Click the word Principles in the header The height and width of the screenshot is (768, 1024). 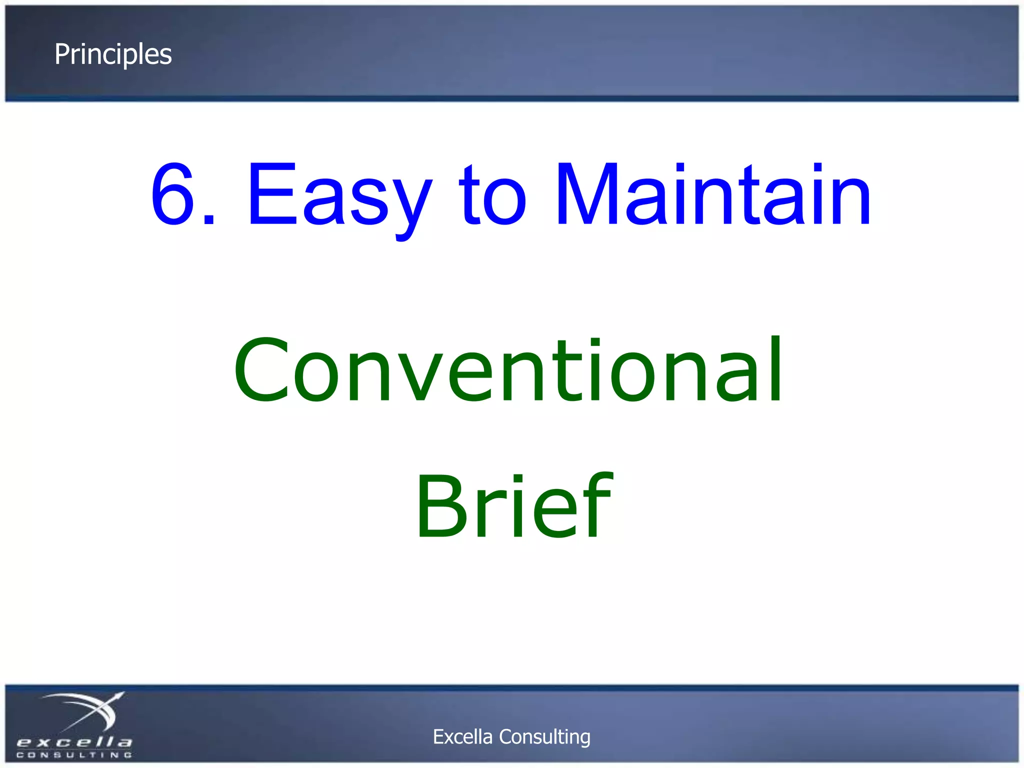[x=113, y=54]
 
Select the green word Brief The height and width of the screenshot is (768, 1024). [x=513, y=506]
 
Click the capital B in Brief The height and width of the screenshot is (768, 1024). [x=440, y=506]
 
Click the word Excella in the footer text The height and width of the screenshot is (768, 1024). [x=462, y=736]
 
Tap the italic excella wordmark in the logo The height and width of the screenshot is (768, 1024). [x=74, y=741]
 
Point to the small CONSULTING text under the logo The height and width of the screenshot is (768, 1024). [x=74, y=754]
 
